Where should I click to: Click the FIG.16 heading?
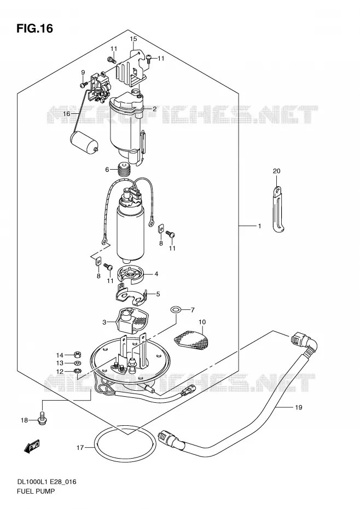[x=34, y=29]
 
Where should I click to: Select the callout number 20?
[x=276, y=171]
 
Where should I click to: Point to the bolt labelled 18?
[x=42, y=418]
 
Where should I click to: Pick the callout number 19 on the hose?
[x=298, y=407]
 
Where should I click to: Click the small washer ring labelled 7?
[x=175, y=310]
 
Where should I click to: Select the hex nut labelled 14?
[x=78, y=354]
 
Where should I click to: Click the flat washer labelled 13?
[x=78, y=363]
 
